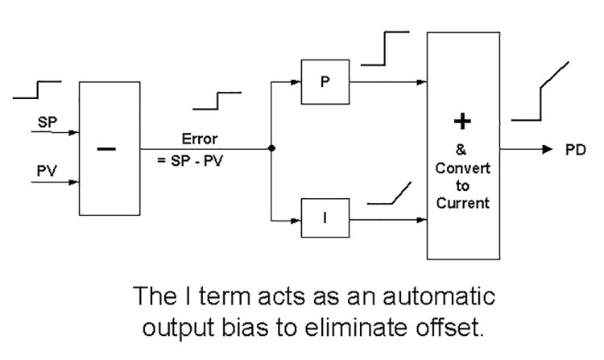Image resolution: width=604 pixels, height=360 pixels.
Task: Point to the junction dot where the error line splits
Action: pyautogui.click(x=271, y=148)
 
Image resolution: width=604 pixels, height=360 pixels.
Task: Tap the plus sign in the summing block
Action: pyautogui.click(x=464, y=122)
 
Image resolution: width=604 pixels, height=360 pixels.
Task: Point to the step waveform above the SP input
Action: pyautogui.click(x=37, y=89)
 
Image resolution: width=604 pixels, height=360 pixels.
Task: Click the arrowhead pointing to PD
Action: pyautogui.click(x=547, y=150)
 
